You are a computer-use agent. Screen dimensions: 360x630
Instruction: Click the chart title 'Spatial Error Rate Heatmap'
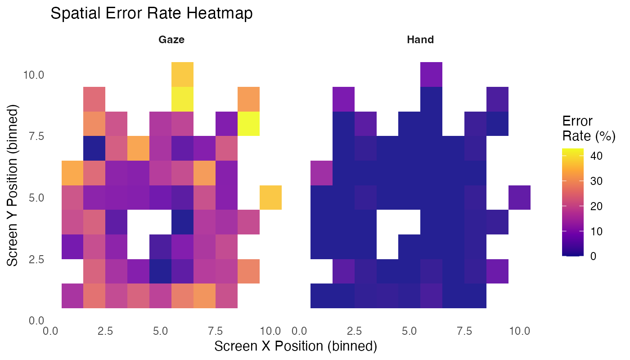[151, 13]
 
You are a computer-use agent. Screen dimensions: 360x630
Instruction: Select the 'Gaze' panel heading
[171, 40]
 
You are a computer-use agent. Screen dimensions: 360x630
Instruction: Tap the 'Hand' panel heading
[420, 40]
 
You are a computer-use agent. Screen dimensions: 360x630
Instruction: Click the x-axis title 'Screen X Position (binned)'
[295, 346]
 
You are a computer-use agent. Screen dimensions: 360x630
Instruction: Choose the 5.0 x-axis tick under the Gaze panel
[160, 331]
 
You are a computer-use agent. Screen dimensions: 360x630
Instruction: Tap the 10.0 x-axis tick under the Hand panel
[519, 331]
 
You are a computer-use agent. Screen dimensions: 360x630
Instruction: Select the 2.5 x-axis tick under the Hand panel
[354, 331]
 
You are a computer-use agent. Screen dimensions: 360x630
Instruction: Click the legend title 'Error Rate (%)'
[589, 128]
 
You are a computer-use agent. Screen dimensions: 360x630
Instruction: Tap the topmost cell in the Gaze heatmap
[182, 74]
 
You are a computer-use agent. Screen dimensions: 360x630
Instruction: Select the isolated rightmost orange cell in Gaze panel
[270, 197]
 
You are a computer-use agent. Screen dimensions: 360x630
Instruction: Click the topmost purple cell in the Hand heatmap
[431, 74]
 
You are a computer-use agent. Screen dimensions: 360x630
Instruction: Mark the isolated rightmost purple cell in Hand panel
[519, 197]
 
